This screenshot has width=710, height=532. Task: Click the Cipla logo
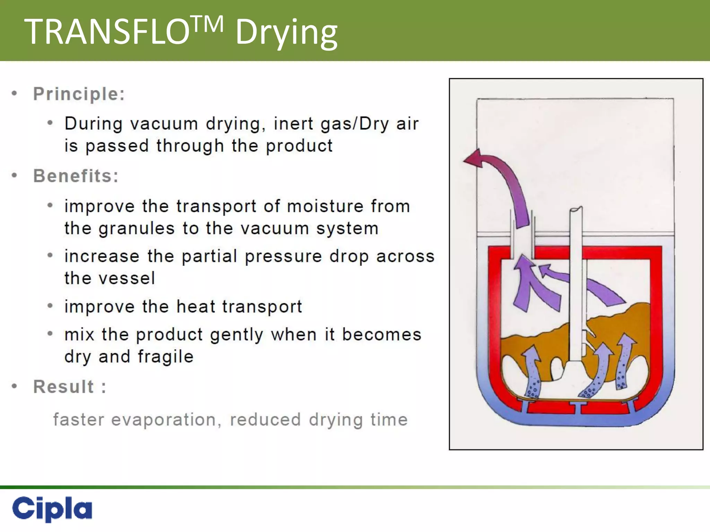pos(52,508)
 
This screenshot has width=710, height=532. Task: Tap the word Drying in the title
pos(286,33)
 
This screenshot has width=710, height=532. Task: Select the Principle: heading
pos(79,94)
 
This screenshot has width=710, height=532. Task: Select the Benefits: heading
pos(76,176)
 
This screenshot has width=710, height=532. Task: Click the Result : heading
pos(70,387)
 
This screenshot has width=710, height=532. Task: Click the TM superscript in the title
pos(208,24)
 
